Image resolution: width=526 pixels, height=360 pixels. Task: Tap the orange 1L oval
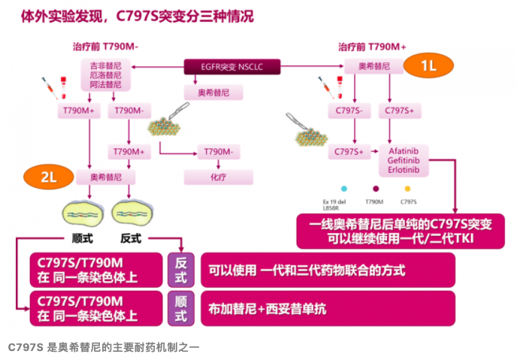[x=428, y=67]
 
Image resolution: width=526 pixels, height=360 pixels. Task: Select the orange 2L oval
[x=49, y=177]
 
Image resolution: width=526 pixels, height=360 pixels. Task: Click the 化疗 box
[x=218, y=177]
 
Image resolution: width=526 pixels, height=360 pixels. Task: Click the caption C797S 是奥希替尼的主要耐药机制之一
[x=104, y=348]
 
